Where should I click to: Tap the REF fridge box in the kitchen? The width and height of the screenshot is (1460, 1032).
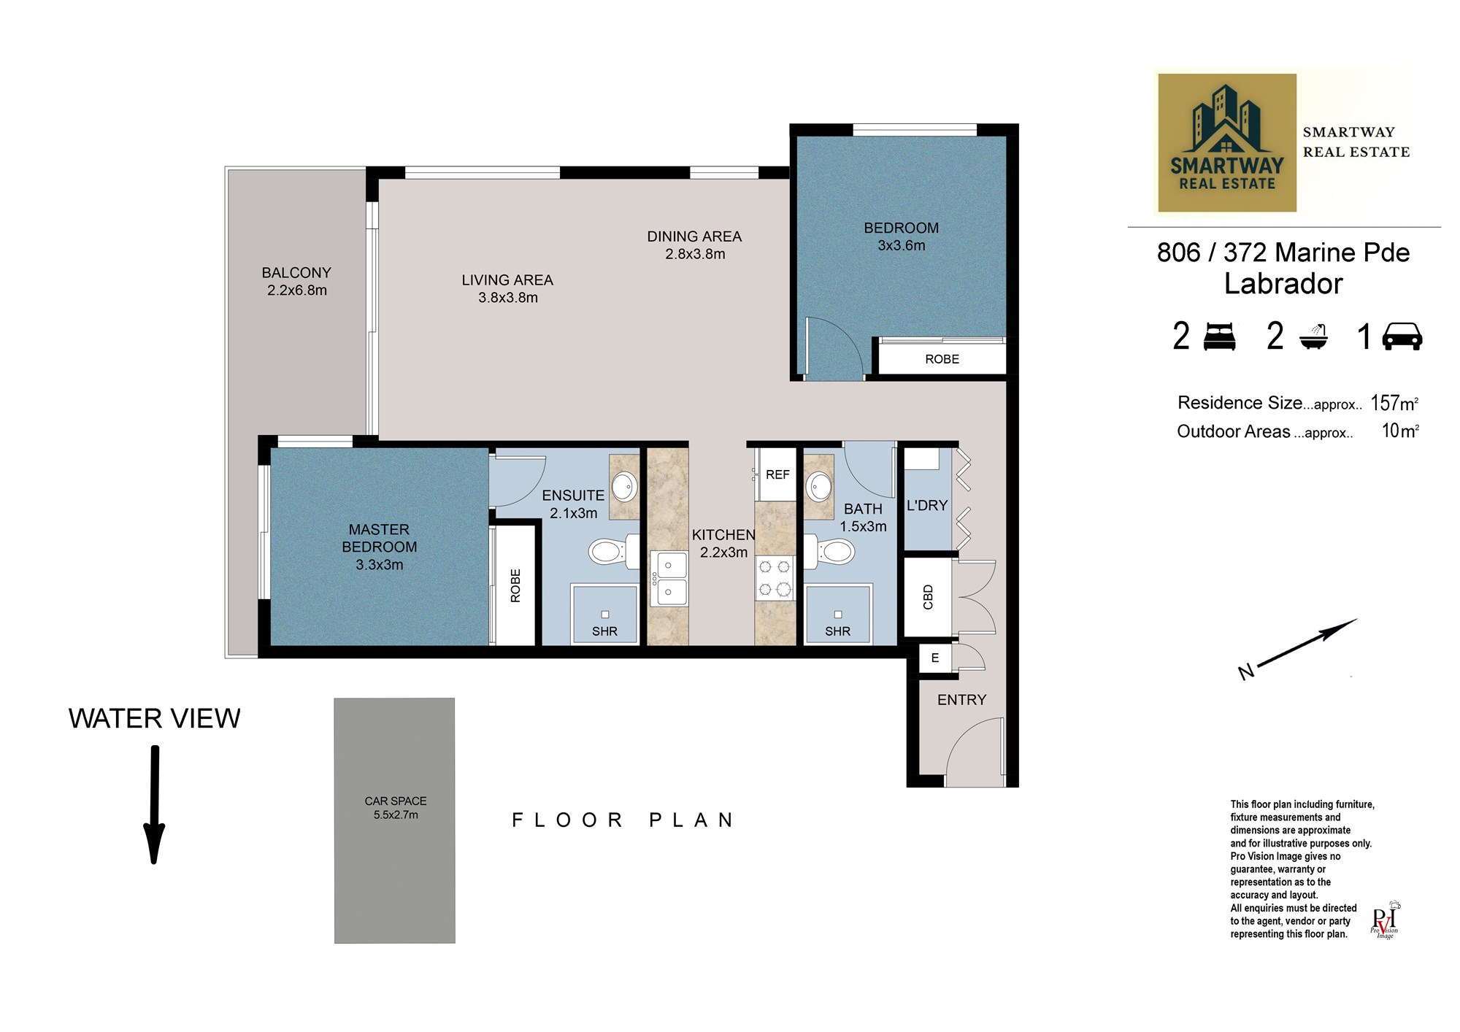click(777, 474)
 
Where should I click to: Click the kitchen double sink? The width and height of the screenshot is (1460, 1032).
click(669, 579)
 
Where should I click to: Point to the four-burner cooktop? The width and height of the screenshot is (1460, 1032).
click(775, 577)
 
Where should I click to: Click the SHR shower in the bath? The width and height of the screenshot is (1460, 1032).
click(837, 615)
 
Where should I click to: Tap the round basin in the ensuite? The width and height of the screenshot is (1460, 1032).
click(623, 485)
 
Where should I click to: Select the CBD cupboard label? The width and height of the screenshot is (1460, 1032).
click(928, 597)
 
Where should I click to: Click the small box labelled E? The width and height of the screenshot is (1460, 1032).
click(934, 658)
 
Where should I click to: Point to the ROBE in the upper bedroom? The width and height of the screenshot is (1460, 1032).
click(941, 359)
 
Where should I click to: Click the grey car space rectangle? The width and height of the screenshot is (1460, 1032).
click(395, 820)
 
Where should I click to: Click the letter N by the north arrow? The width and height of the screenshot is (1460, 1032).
click(1246, 672)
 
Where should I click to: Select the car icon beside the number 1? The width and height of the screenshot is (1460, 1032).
click(1402, 336)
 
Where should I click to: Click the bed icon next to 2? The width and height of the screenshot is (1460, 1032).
click(1219, 336)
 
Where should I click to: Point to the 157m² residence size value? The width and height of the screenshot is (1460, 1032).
click(1394, 403)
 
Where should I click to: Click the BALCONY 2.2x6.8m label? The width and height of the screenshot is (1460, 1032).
click(296, 281)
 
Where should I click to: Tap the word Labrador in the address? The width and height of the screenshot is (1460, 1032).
click(1283, 284)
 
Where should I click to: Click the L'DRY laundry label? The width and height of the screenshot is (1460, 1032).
click(926, 505)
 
